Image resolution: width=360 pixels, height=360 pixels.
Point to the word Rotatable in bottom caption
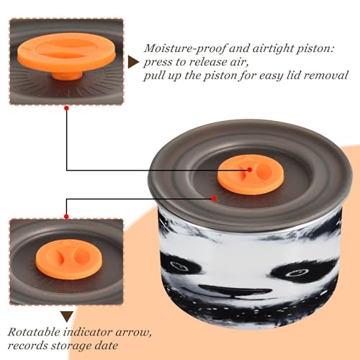(34, 332)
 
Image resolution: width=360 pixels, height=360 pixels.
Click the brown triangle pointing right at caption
(133, 63)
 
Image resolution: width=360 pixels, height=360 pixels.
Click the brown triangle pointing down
(67, 317)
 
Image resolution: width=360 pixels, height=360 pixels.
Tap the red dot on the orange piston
(250, 170)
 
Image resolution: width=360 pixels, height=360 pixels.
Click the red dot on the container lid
(214, 199)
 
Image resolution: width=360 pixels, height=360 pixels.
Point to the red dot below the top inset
(67, 108)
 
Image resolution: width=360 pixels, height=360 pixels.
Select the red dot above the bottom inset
(66, 217)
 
